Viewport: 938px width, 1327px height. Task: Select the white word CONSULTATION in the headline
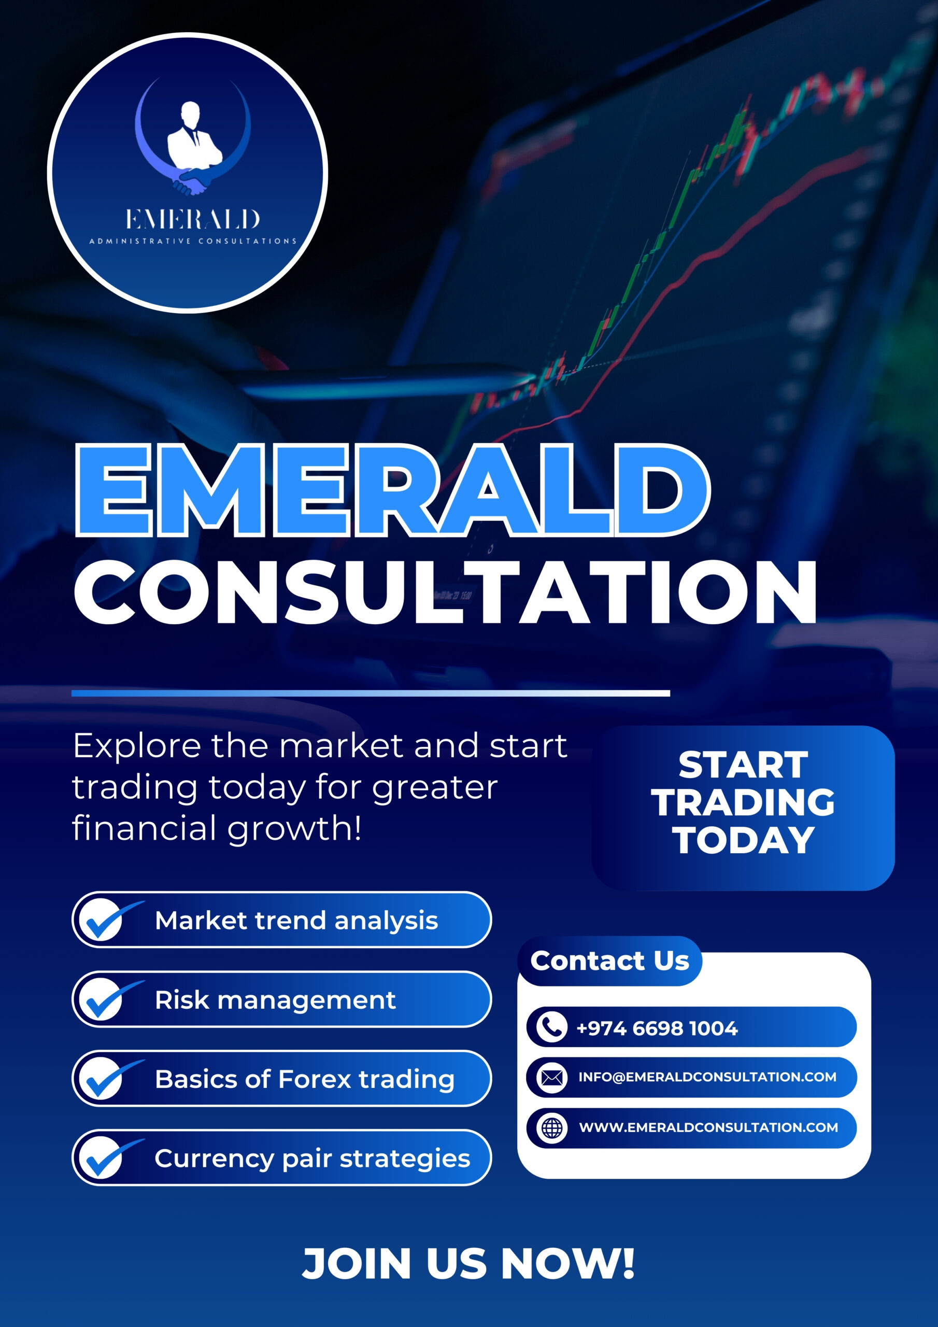(445, 592)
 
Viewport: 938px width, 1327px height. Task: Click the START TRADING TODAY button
(743, 808)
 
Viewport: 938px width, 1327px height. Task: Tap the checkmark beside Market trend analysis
(110, 919)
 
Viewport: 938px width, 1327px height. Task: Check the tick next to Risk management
(110, 999)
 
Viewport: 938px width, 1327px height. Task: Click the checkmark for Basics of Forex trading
(110, 1078)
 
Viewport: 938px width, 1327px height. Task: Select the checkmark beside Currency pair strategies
(110, 1157)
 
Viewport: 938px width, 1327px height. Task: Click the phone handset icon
(552, 1027)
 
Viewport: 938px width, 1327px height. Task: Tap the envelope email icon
(552, 1077)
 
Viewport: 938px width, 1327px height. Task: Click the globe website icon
(552, 1127)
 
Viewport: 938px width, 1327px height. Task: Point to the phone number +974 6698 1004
(657, 1028)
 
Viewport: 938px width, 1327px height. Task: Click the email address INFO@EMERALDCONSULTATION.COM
(707, 1077)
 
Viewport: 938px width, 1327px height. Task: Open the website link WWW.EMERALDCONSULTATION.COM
(708, 1127)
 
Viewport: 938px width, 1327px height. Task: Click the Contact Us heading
(610, 961)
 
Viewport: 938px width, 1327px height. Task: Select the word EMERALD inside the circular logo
(192, 219)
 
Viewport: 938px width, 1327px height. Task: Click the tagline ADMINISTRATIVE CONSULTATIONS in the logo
(192, 241)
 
